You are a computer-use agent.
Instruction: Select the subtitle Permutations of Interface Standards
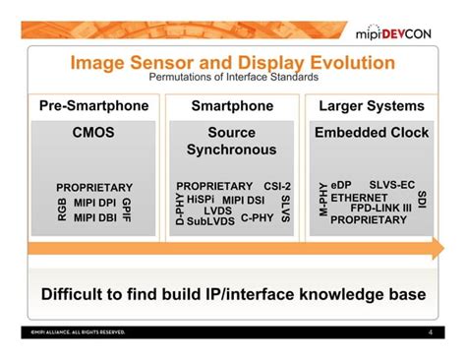[x=232, y=78]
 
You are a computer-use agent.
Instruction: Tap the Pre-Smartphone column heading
[x=93, y=105]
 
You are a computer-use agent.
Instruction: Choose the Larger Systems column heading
[x=372, y=105]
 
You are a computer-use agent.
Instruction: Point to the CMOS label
[x=93, y=131]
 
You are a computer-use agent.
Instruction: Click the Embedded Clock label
[x=372, y=131]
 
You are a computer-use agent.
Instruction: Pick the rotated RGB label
[x=63, y=208]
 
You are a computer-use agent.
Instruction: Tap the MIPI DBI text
[x=94, y=217]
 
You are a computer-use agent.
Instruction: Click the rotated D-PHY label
[x=180, y=208]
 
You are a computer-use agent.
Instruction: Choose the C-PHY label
[x=258, y=217]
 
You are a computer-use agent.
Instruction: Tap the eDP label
[x=341, y=184]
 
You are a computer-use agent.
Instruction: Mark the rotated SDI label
[x=422, y=200]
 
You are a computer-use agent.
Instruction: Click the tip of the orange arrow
[x=434, y=253]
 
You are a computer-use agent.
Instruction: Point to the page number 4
[x=430, y=332]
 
